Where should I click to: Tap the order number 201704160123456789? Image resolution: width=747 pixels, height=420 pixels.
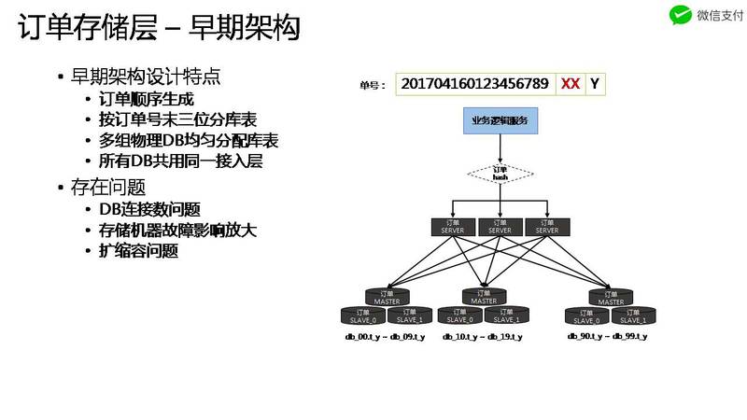(x=474, y=83)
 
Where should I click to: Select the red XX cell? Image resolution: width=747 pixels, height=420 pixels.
(x=571, y=83)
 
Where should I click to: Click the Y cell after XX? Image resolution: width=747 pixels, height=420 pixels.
(x=594, y=83)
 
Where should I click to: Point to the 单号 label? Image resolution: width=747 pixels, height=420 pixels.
(x=373, y=84)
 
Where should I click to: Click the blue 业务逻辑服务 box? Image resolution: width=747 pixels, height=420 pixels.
(x=500, y=120)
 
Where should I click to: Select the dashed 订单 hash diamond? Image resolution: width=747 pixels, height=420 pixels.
(x=500, y=174)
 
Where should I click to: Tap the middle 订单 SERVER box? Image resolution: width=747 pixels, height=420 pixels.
(x=500, y=226)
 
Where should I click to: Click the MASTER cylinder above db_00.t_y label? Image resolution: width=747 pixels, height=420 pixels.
(x=387, y=298)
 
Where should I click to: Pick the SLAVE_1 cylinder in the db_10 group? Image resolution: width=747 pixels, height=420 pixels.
(x=506, y=315)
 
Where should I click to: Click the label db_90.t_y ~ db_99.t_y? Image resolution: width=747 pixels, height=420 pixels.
(x=607, y=335)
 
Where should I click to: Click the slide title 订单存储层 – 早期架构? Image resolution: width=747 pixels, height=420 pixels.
(x=160, y=27)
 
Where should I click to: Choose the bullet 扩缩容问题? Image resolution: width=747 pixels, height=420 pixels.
(x=138, y=250)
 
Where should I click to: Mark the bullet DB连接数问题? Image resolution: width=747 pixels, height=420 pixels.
(x=149, y=209)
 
